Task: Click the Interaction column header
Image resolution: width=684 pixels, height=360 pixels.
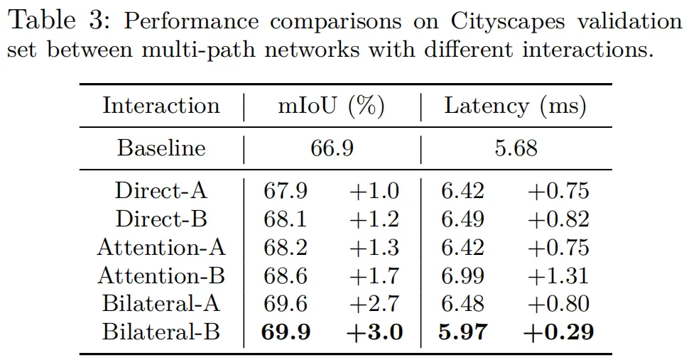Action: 161,107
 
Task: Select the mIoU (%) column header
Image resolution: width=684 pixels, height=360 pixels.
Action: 331,107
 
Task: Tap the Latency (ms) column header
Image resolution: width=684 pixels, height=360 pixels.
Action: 515,107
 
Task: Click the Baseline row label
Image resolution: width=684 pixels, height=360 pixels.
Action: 161,148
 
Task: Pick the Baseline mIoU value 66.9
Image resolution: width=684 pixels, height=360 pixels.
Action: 331,148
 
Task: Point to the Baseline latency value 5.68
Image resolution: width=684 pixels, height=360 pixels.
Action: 516,148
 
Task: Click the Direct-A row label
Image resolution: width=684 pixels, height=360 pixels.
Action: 161,191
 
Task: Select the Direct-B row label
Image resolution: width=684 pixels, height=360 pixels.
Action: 161,219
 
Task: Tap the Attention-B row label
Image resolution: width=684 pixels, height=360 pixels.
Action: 161,276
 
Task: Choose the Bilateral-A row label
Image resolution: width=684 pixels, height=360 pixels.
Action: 161,303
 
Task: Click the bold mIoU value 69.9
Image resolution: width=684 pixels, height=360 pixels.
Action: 286,332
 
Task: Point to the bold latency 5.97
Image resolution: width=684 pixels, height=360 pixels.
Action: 462,332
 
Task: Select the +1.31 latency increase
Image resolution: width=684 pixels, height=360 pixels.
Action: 558,276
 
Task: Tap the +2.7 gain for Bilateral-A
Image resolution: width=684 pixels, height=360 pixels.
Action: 374,303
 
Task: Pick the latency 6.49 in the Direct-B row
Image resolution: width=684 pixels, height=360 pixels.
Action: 462,219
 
